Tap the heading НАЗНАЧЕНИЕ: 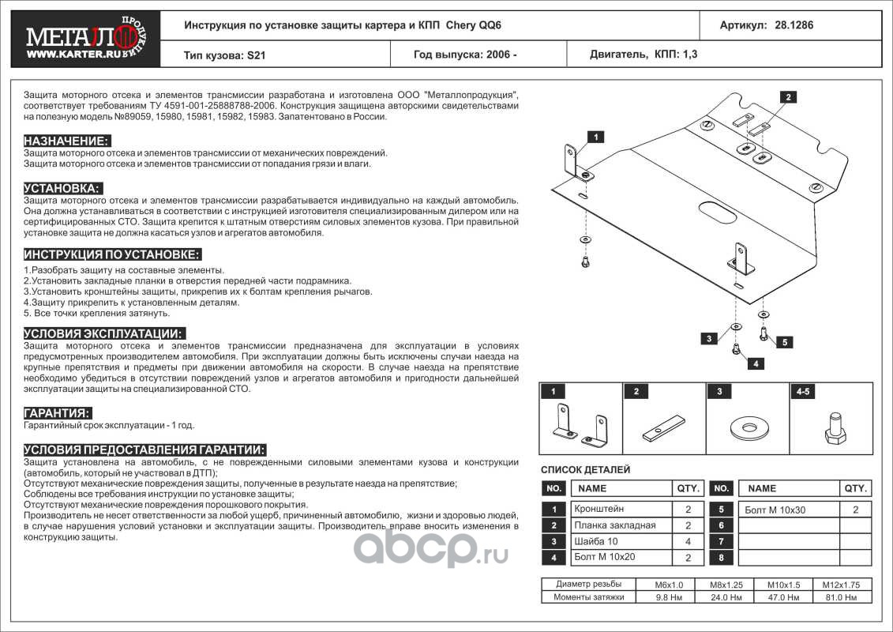(66, 141)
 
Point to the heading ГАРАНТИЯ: (57, 413)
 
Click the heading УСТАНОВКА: (62, 188)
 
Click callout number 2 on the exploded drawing (786, 97)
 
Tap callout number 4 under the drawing (756, 364)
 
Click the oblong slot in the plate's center (715, 213)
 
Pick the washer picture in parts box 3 (746, 427)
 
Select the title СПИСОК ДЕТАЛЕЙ (585, 469)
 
